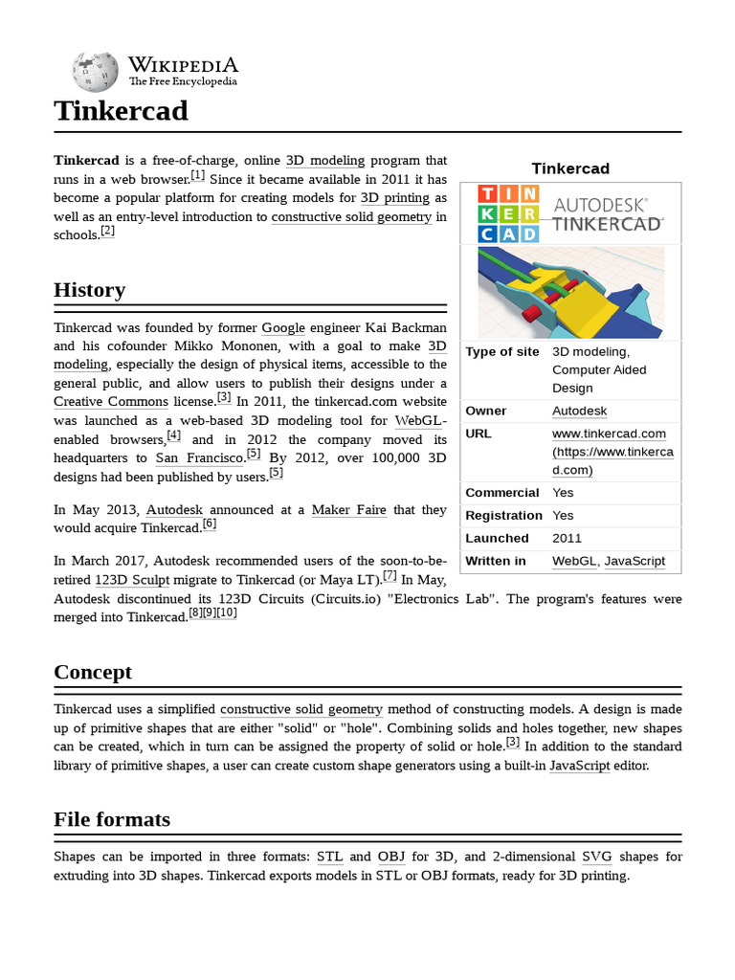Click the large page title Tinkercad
pos(121,111)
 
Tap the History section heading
pos(89,290)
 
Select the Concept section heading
pos(93,672)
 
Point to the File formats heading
pos(111,819)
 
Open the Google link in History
pos(283,328)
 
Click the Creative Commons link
pos(111,402)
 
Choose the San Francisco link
pos(199,457)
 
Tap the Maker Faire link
pos(348,510)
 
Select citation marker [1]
pos(198,176)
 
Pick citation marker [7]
pos(390,576)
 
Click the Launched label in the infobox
pos(497,538)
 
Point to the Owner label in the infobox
pos(486,411)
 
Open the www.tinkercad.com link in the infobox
pos(609,434)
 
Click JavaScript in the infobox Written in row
pos(635,561)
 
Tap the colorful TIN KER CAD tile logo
pos(508,213)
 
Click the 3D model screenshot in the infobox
pos(570,292)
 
